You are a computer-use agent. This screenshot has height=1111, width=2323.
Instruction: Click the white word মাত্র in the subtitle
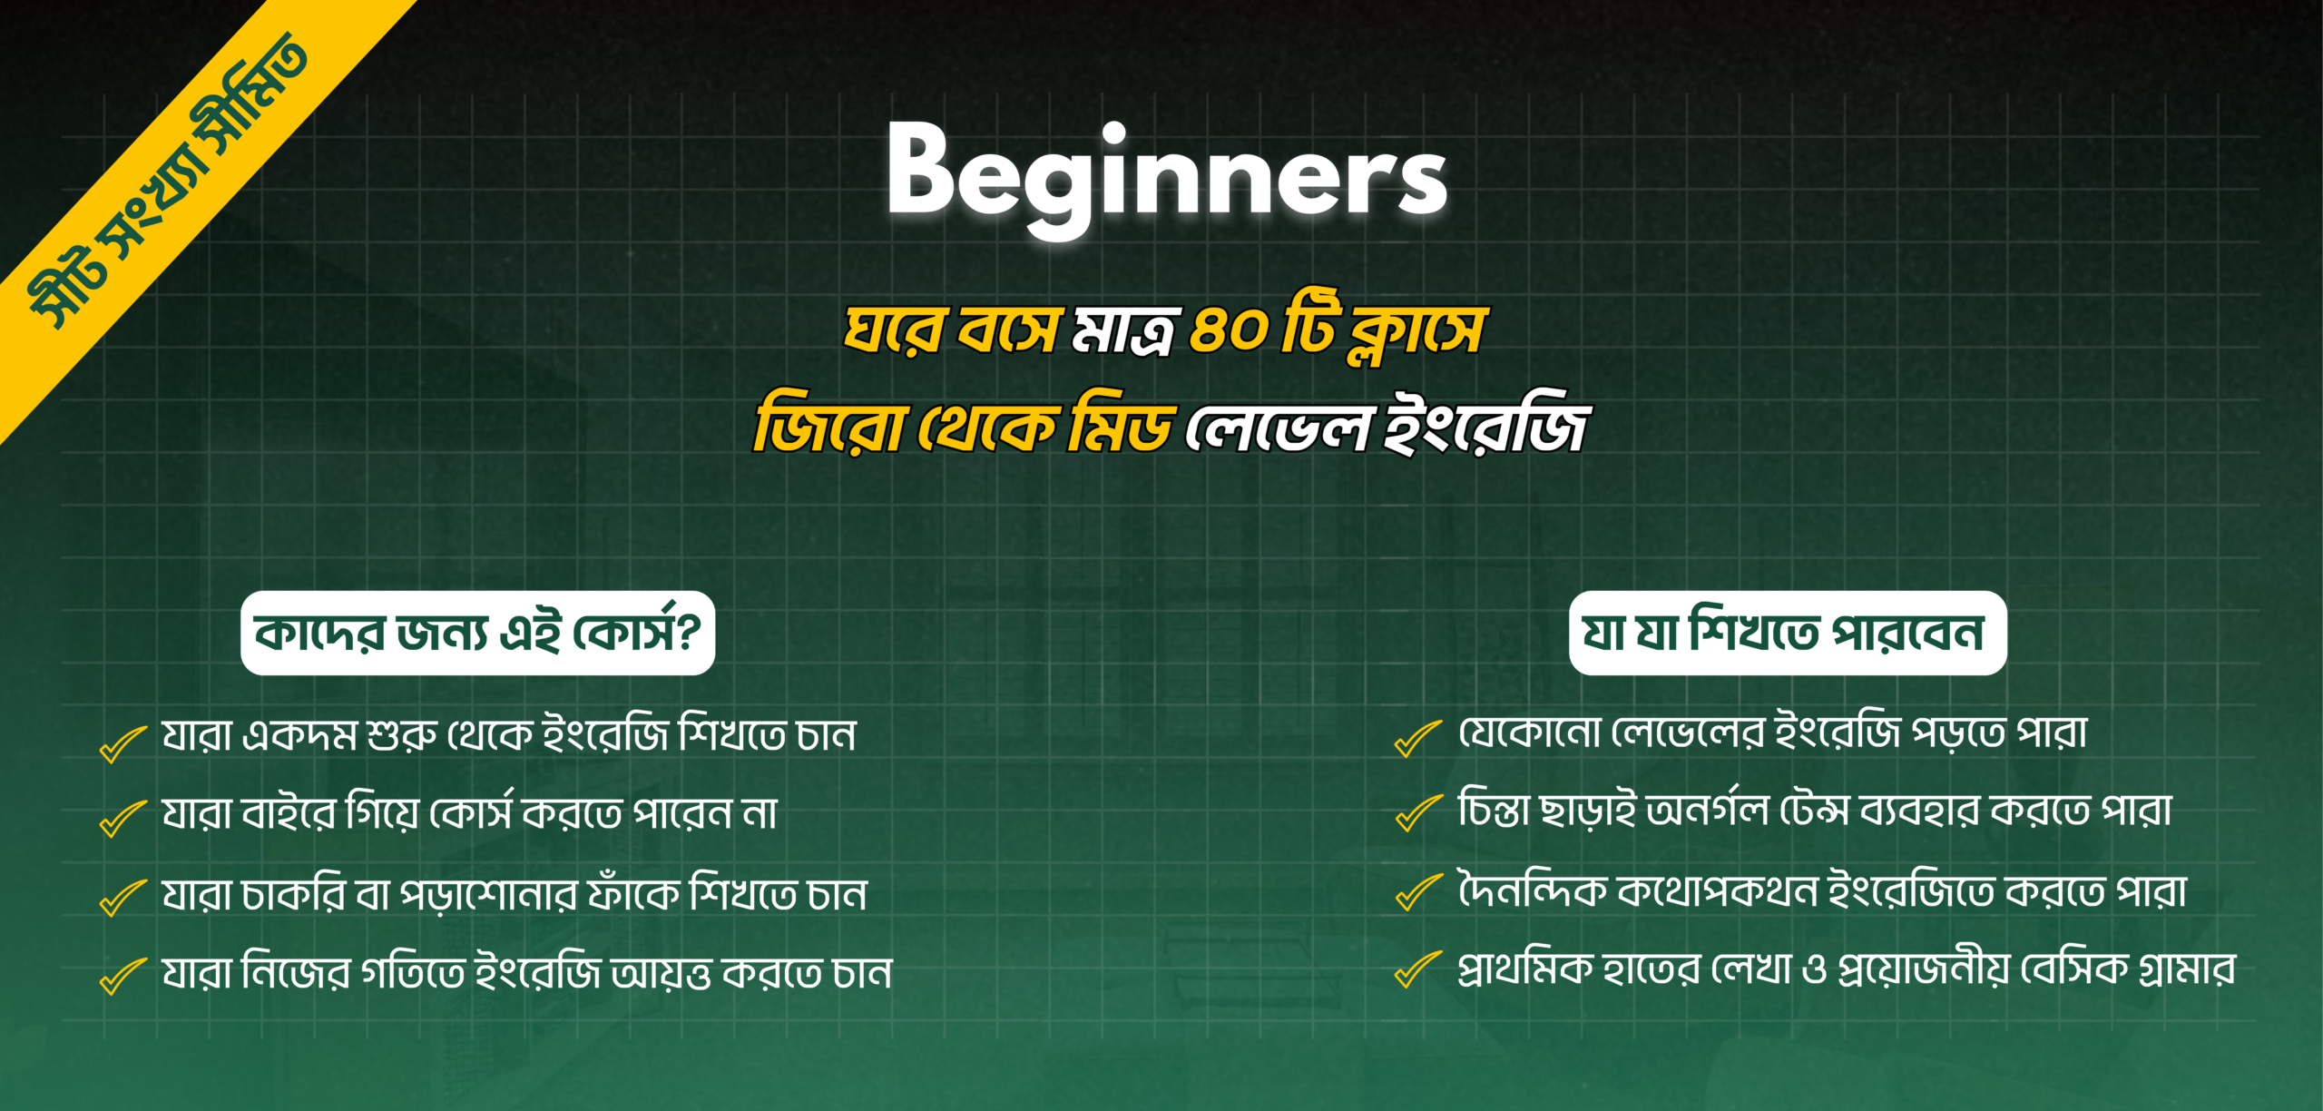pos(1125,330)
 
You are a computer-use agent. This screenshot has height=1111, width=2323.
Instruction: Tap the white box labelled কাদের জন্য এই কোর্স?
pos(477,633)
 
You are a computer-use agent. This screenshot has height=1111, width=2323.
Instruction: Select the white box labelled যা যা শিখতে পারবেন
pos(1787,633)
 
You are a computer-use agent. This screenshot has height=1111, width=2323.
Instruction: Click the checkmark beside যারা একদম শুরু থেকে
pos(123,743)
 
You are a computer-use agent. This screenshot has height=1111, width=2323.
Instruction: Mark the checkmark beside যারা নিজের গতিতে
pos(123,976)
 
